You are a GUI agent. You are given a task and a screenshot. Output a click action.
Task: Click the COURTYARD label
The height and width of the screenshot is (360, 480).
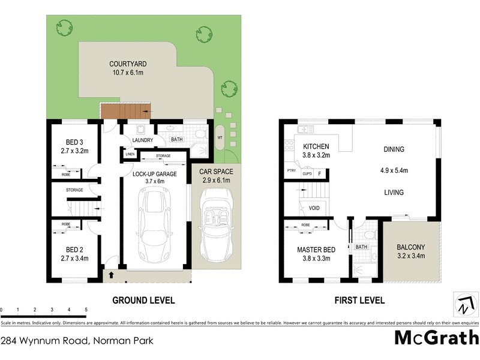point(128,64)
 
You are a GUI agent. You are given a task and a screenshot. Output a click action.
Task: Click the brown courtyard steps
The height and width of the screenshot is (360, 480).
point(124,112)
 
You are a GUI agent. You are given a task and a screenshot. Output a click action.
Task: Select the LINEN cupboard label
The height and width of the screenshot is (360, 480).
point(130,154)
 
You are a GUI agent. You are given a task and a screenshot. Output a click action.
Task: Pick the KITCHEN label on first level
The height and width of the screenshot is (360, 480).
point(316,147)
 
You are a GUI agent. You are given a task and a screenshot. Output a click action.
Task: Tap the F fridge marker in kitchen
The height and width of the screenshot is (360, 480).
point(320,173)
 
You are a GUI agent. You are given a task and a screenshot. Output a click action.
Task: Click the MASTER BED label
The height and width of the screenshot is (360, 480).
point(316,250)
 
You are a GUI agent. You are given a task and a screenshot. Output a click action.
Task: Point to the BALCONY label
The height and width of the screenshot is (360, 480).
point(410,247)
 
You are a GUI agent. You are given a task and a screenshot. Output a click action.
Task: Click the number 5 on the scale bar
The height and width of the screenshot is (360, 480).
point(86,310)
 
